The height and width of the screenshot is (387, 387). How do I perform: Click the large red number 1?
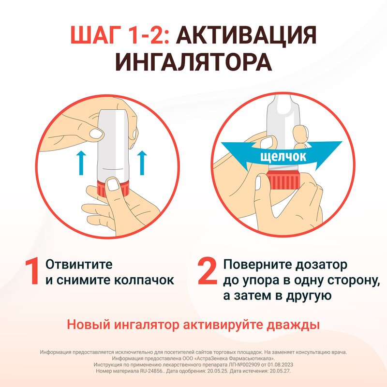tap(33, 272)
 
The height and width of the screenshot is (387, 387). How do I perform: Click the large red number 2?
tap(208, 272)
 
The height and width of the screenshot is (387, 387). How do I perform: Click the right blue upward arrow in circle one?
tap(142, 162)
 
